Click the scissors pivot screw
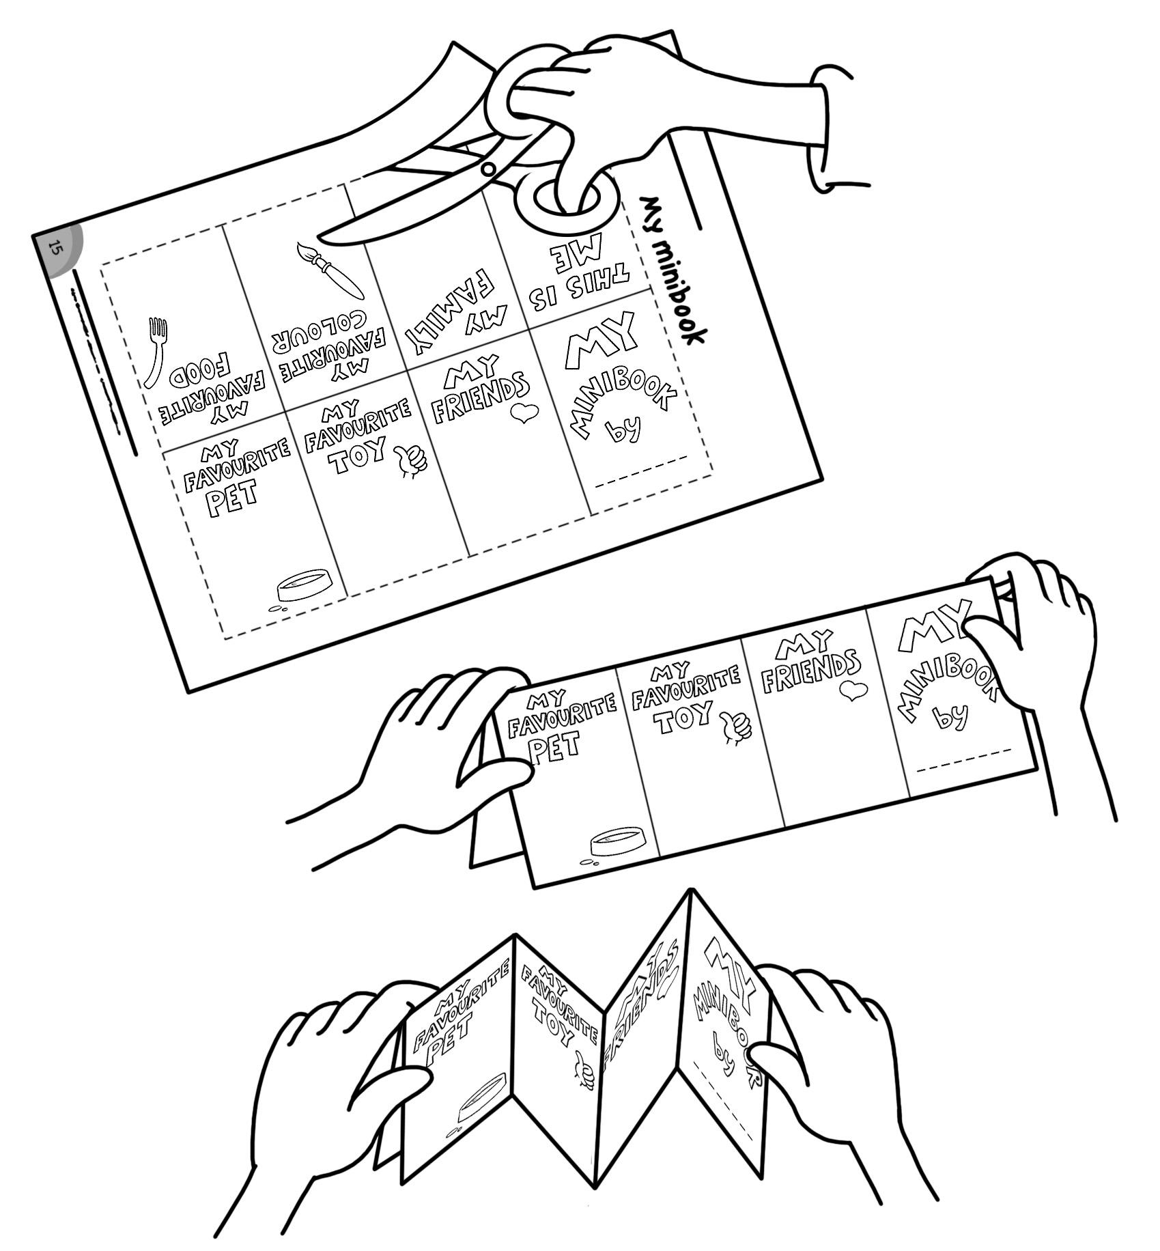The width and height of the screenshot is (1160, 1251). pyautogui.click(x=487, y=169)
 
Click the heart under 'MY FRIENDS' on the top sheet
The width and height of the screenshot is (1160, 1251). pyautogui.click(x=524, y=413)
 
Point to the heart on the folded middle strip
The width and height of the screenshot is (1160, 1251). pyautogui.click(x=849, y=690)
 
